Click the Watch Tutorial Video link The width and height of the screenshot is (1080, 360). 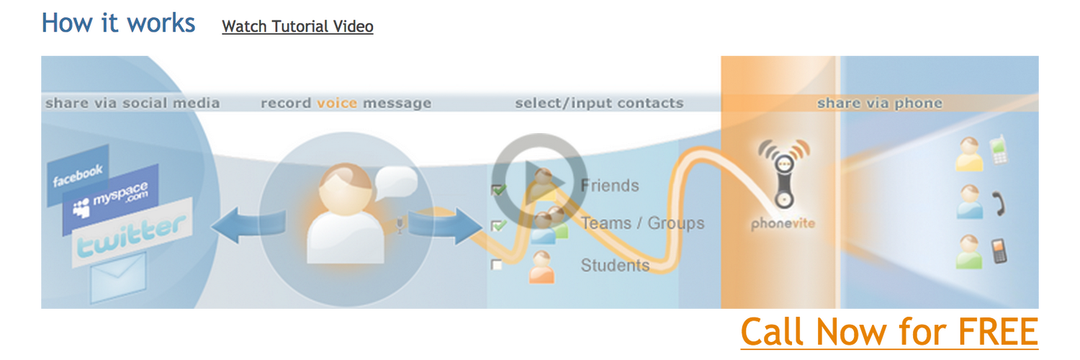[297, 27]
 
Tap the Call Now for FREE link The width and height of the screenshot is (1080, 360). [889, 332]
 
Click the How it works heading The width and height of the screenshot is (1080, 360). [119, 23]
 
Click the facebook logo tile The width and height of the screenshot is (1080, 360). [78, 174]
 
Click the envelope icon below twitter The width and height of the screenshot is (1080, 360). [118, 275]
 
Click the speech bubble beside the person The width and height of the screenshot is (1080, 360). [395, 181]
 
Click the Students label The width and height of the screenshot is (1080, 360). [615, 266]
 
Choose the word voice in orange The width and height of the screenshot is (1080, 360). [337, 104]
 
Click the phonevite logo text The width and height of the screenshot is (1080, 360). [783, 224]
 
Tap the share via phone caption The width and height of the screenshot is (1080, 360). [879, 104]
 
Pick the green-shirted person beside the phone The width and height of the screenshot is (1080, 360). [970, 251]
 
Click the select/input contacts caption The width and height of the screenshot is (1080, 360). [599, 104]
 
